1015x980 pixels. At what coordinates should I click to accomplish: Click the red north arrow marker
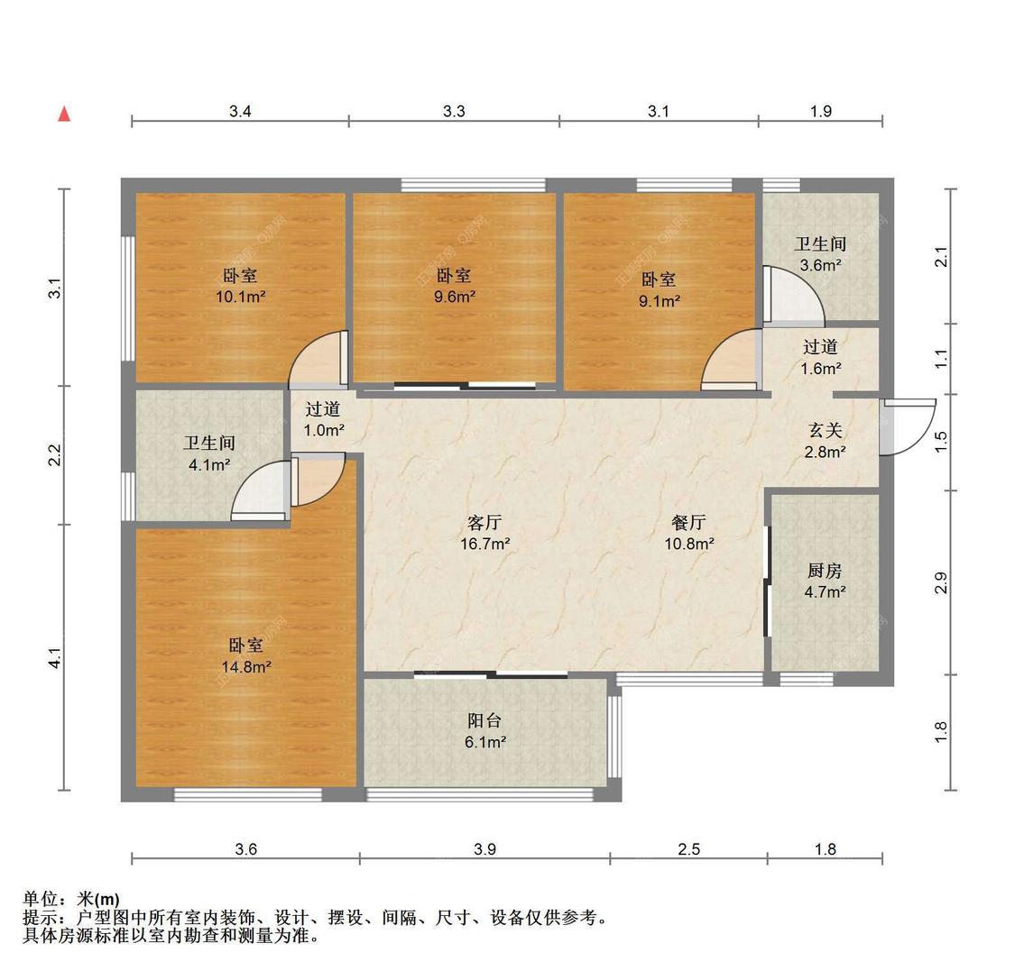point(64,114)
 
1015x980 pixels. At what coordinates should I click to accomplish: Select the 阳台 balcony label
point(484,720)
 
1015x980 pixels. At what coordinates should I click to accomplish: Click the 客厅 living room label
point(485,522)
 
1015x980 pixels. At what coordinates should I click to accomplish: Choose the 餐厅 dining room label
point(688,522)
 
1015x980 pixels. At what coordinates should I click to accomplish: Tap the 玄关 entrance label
point(825,430)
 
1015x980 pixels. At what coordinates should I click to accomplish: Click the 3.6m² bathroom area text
point(820,266)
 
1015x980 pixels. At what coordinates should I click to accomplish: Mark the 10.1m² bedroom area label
point(240,297)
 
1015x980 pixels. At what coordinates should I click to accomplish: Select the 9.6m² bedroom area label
point(454,297)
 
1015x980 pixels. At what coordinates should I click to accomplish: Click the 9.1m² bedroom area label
point(659,302)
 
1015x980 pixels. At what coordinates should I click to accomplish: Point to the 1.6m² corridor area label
point(821,369)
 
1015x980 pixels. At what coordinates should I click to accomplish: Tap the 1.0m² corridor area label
point(323,431)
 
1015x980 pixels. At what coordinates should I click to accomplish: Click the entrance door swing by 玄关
point(899,428)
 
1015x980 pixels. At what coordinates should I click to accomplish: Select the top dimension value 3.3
point(454,111)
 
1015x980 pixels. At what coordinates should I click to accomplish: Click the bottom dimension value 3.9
point(484,848)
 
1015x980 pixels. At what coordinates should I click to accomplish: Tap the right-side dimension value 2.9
point(941,582)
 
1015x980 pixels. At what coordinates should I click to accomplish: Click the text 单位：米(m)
point(70,899)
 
